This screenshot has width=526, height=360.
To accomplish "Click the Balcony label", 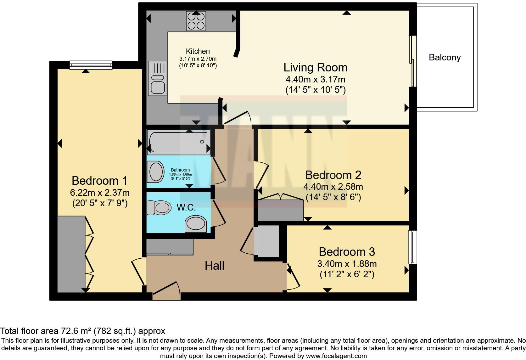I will (445, 58).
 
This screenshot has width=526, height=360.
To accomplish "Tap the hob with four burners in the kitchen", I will (196, 21).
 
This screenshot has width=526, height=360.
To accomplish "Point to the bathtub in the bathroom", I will (179, 142).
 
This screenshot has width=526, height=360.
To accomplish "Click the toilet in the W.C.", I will (159, 208).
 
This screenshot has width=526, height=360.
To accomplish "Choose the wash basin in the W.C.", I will (195, 224).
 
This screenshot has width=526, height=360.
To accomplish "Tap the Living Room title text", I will (315, 67).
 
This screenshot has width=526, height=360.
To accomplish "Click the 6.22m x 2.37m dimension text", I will (100, 192).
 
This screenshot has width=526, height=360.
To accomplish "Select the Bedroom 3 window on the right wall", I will (412, 247).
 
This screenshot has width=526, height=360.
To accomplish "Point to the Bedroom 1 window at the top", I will (91, 65).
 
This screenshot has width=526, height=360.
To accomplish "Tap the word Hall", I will (214, 266).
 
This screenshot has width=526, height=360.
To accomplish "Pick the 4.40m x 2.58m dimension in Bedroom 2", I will (333, 187).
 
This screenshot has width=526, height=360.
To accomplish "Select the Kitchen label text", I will (198, 51).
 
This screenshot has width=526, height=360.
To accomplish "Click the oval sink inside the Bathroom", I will (156, 172).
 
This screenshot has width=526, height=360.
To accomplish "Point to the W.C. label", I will (186, 207).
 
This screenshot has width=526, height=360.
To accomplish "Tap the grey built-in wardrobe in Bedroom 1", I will (71, 254).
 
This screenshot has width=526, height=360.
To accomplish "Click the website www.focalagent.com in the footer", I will (336, 356).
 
